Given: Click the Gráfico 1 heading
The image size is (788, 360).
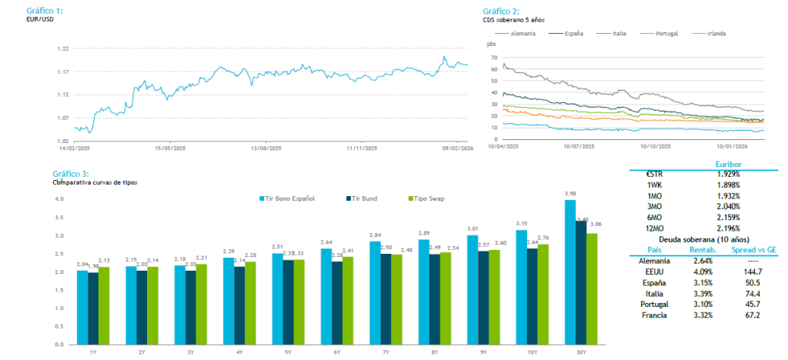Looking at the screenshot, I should [x=45, y=11].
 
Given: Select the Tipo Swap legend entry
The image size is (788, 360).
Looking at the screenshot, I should [x=426, y=198].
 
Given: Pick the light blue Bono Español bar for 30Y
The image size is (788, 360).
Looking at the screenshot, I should [x=570, y=272].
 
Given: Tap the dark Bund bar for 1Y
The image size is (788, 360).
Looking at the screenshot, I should [x=93, y=308].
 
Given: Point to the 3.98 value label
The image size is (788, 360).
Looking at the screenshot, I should [x=570, y=194].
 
